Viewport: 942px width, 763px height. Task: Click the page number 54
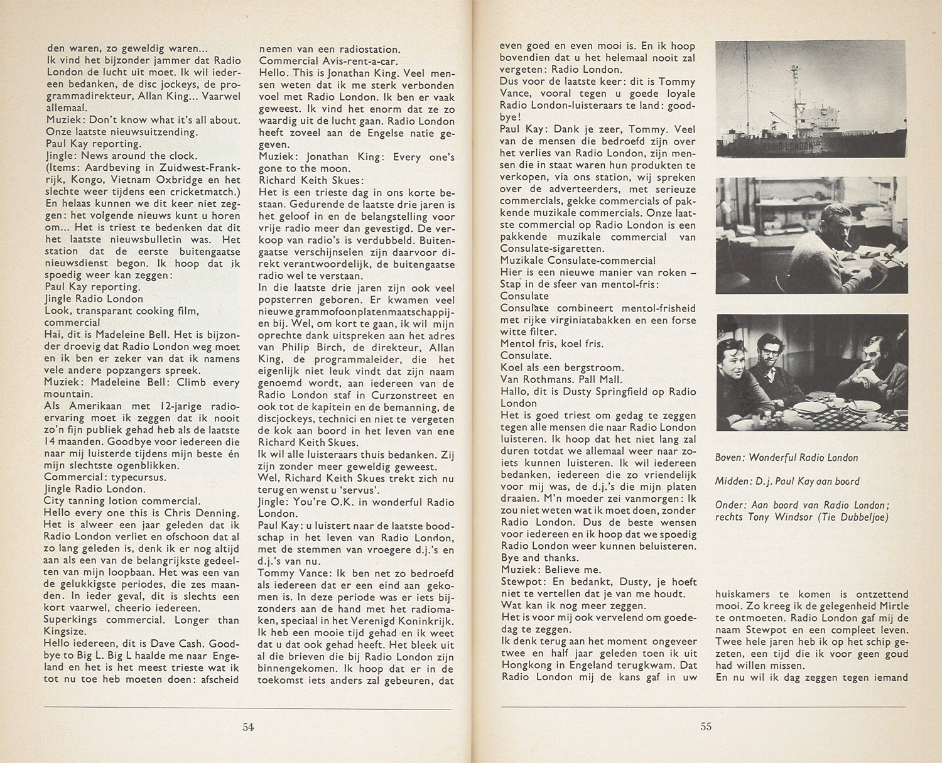tap(248, 727)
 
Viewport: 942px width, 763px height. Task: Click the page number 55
tap(706, 727)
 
